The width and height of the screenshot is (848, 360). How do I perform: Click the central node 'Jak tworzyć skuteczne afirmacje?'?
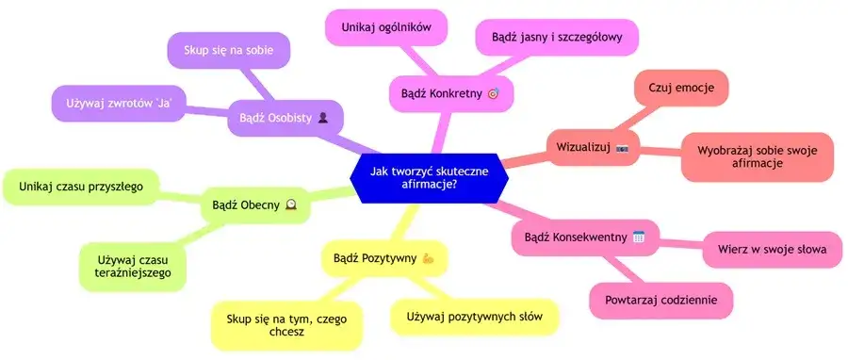[429, 176]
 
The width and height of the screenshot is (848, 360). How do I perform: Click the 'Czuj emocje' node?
[681, 88]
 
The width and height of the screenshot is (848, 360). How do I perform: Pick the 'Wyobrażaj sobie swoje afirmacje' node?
[758, 155]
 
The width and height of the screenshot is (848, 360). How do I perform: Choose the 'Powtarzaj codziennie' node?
[661, 300]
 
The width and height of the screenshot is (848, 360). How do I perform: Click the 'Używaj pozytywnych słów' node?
[474, 316]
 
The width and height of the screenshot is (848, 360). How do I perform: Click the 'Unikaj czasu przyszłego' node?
[81, 187]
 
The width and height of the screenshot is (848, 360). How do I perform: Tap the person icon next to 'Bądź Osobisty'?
[323, 119]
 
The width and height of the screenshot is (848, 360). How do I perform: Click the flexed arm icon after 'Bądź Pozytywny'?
[428, 257]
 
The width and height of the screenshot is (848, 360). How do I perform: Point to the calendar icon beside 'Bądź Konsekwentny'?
[638, 237]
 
